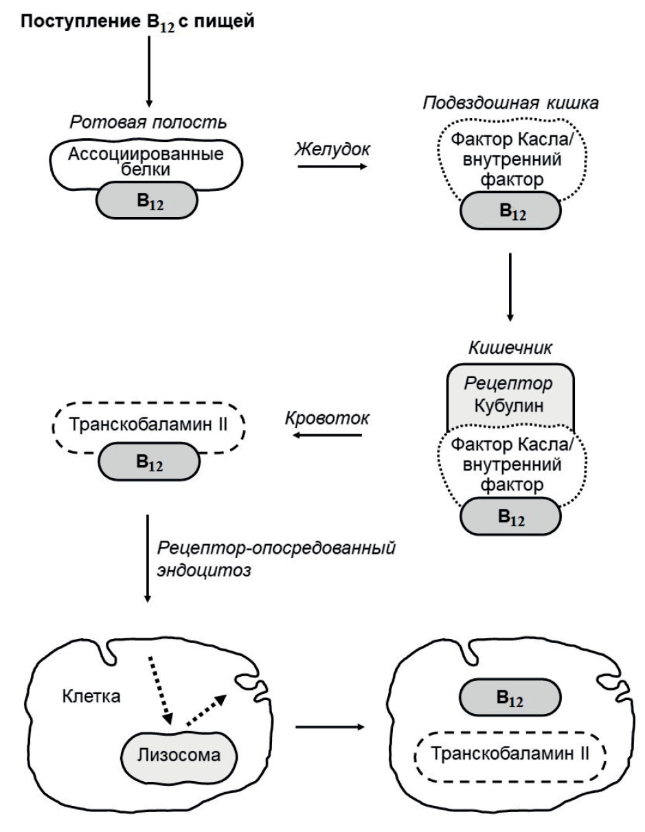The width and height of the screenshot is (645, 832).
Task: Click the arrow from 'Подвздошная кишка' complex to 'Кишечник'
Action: [510, 285]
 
